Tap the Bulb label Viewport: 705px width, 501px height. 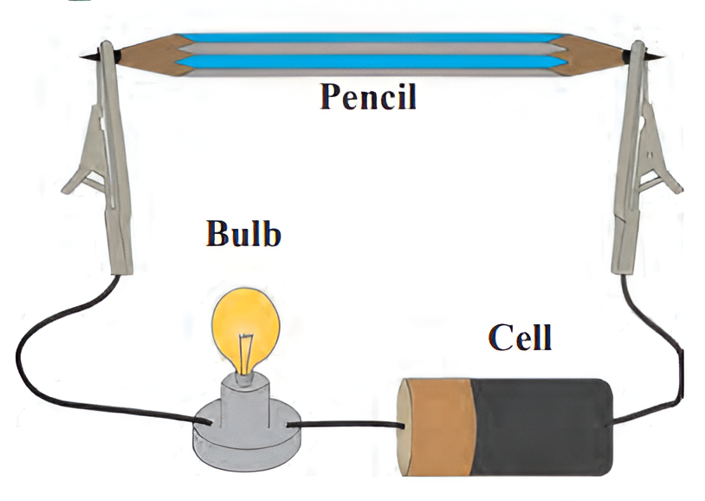click(243, 233)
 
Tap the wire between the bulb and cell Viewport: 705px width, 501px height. click(346, 425)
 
